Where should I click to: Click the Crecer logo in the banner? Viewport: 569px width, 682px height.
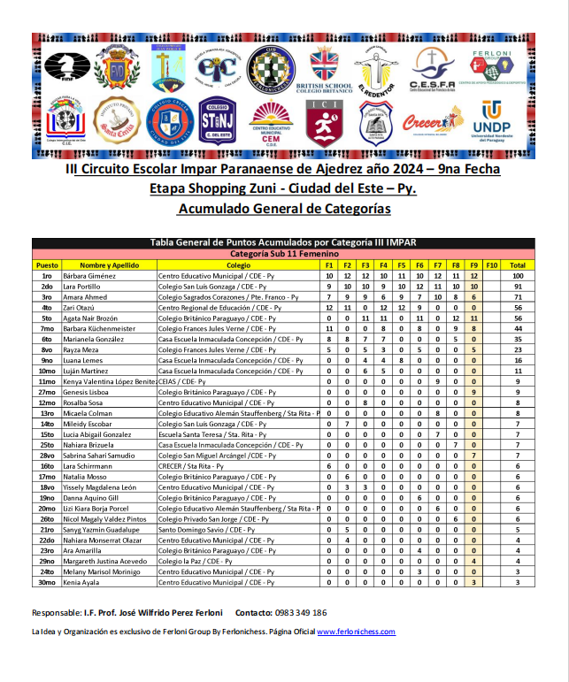pos(433,122)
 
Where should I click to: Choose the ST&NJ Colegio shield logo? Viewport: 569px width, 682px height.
pos(216,120)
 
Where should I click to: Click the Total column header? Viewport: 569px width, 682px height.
pos(518,265)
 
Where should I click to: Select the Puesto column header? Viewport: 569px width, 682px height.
pos(46,265)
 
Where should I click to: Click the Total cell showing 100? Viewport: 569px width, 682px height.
pos(518,276)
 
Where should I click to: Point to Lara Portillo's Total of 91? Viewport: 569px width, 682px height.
pos(518,287)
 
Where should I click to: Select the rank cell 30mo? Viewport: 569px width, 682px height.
pos(46,582)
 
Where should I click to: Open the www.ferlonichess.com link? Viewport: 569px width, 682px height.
pos(356,632)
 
